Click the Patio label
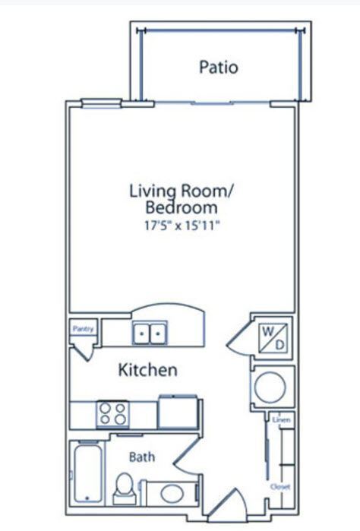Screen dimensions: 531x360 (x=218, y=68)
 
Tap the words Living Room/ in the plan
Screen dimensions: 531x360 (x=180, y=190)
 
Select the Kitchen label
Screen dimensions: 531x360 (x=148, y=371)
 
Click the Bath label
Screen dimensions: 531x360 (x=142, y=457)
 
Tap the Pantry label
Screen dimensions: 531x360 (x=82, y=329)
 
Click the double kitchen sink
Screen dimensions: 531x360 (x=150, y=333)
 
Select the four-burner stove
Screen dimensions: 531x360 (x=112, y=415)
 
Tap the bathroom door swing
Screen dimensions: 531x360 (x=185, y=457)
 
